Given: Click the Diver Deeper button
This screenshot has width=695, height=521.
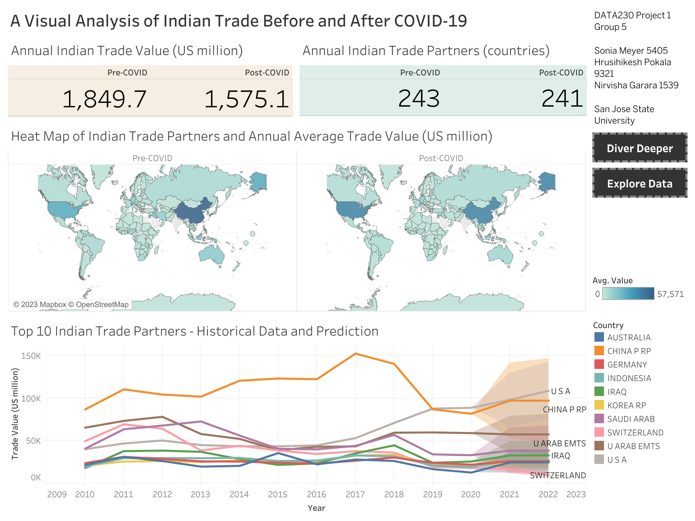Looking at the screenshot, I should click(639, 148).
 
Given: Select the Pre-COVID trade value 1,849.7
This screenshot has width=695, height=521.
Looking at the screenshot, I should click(104, 99).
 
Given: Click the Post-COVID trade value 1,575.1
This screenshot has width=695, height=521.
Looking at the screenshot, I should click(246, 99).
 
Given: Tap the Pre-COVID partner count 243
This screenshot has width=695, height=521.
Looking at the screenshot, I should click(418, 98).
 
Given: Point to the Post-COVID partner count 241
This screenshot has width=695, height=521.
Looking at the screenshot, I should click(562, 98).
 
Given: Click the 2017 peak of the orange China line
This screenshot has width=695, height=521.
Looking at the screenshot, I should click(355, 354).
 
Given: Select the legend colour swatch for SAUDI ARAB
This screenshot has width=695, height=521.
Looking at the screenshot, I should click(599, 419).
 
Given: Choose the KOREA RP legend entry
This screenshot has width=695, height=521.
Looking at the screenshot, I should click(626, 405).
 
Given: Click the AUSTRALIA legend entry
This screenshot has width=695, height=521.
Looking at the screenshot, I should click(629, 337).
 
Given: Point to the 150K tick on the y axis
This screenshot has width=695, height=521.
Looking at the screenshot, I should click(31, 356).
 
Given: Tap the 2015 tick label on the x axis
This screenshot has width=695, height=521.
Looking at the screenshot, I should click(278, 494).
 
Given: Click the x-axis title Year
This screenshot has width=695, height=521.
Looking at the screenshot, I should click(316, 508).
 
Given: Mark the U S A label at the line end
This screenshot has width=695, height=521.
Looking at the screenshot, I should click(560, 391).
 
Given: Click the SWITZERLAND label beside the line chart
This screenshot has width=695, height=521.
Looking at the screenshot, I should click(558, 475).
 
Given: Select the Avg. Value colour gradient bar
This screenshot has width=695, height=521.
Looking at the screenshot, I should click(628, 293).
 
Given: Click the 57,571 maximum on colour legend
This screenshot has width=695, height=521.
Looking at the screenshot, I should click(670, 294).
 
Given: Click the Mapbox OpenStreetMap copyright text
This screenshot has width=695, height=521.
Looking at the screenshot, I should click(71, 304).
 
